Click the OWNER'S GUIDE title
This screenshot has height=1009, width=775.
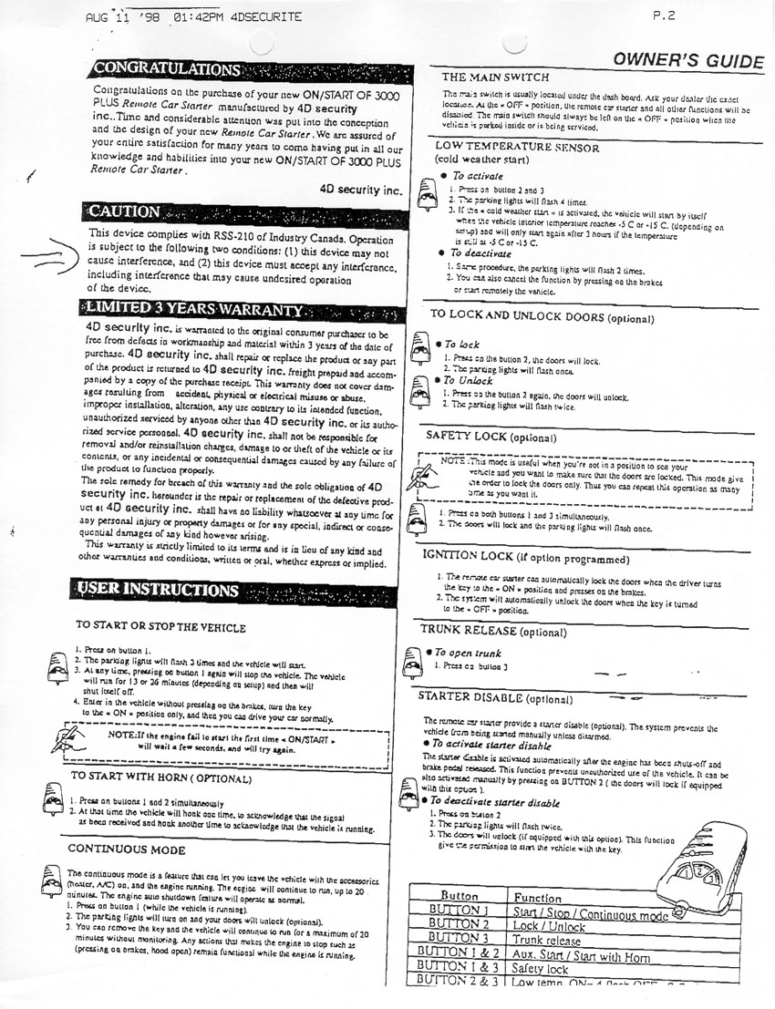click(687, 61)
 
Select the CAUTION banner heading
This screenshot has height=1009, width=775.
click(126, 211)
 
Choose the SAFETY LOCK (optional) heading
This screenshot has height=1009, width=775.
click(491, 437)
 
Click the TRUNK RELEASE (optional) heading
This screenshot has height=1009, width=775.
click(493, 630)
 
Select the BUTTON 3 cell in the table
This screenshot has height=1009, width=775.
click(460, 939)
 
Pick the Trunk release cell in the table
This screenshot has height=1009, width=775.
click(547, 940)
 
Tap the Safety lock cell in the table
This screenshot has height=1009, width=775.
click(540, 969)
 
